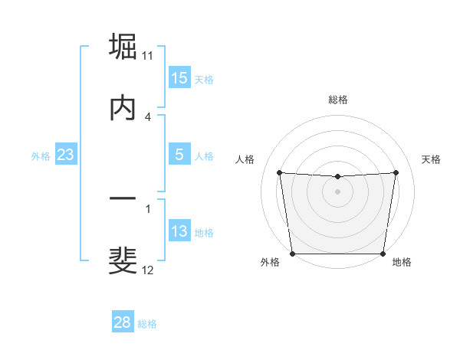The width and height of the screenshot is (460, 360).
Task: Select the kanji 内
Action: tap(123, 108)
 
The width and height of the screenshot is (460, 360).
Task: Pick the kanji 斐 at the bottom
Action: tap(123, 260)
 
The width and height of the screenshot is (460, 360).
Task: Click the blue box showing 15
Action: tap(179, 78)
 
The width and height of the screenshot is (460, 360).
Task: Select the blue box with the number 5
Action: tap(179, 155)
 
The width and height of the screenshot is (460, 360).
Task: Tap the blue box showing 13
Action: tap(179, 231)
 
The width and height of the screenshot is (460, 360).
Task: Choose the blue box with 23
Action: tap(66, 155)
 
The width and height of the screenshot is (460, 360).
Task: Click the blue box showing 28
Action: tap(123, 322)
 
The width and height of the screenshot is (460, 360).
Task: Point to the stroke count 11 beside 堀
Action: tap(148, 55)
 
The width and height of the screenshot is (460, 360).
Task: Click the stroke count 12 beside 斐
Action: tap(148, 270)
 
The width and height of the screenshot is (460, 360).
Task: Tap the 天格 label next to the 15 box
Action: tap(204, 80)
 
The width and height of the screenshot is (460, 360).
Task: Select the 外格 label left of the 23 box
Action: tap(41, 156)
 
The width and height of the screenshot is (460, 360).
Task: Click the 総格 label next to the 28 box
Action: tap(147, 324)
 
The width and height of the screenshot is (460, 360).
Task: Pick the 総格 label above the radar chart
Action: tap(338, 100)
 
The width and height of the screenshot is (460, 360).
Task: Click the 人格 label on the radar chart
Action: tap(245, 159)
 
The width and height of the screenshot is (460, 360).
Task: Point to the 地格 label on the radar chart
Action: tap(402, 262)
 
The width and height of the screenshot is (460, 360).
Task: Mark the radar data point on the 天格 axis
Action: tap(396, 172)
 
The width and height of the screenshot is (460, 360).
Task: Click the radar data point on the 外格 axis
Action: tap(293, 254)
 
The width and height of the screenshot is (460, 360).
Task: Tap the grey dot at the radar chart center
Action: tap(338, 191)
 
